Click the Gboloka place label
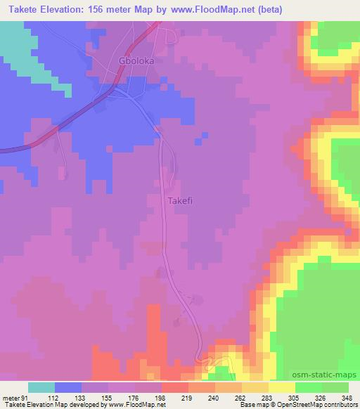point(136,60)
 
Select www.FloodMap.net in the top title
point(221,9)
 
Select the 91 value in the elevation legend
point(25,397)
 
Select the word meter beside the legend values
point(9,397)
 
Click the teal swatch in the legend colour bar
point(41,387)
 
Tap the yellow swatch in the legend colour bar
point(282,387)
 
